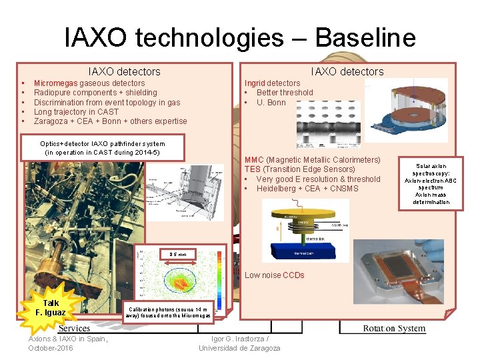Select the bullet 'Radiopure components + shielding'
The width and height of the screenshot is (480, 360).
(95, 93)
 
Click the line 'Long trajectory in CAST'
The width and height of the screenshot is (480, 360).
(76, 112)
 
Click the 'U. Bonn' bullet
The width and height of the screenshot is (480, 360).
(271, 103)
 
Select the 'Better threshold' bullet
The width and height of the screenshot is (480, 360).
(284, 93)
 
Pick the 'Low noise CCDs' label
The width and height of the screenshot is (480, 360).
(274, 275)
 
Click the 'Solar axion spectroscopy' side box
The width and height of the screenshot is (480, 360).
(431, 183)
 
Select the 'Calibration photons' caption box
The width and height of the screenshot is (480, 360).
(168, 313)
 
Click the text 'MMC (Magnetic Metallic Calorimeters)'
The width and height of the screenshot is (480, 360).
(312, 160)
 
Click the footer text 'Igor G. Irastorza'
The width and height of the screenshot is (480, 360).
(239, 339)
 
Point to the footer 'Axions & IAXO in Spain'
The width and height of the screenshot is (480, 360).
(68, 339)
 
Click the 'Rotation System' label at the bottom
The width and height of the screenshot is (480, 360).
(394, 328)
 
